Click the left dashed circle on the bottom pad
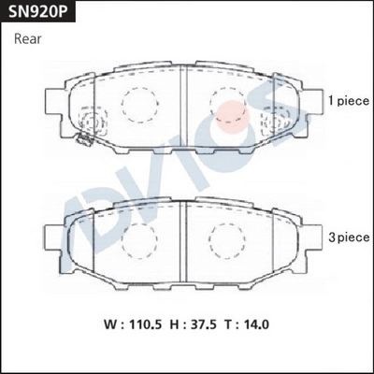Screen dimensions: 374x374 (x=137, y=241)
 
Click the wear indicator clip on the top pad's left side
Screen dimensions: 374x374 (x=82, y=141)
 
